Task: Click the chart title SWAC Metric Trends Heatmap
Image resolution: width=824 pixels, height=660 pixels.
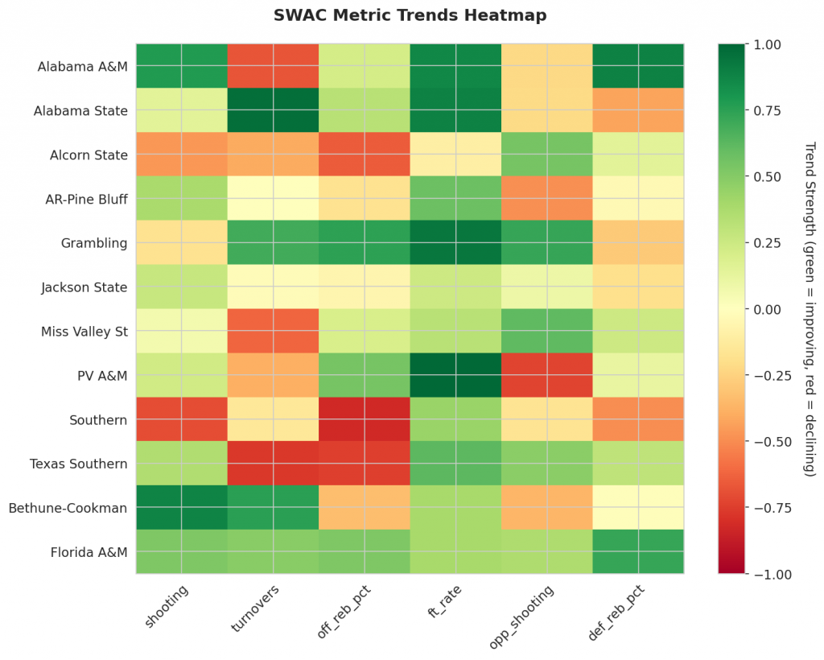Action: coord(410,15)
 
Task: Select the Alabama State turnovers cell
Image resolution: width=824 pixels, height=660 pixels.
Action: coord(273,110)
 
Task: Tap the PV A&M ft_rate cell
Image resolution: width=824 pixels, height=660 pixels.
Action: coord(455,375)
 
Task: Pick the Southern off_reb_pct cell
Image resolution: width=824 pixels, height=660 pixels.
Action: coord(364,419)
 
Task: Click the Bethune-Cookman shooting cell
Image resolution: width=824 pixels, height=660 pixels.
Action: coord(181,508)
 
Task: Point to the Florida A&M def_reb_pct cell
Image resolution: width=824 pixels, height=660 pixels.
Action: coord(638,552)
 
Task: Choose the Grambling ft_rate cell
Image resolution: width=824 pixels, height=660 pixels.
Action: coord(455,243)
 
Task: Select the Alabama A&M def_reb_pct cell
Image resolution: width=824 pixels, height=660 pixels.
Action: coord(638,66)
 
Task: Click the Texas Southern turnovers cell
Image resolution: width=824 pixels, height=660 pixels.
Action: coord(273,464)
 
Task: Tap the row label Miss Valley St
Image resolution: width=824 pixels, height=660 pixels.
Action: coord(85,332)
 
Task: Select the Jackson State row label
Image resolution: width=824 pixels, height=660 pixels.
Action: coord(84,287)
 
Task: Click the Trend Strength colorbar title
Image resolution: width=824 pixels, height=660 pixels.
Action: coord(809,309)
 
